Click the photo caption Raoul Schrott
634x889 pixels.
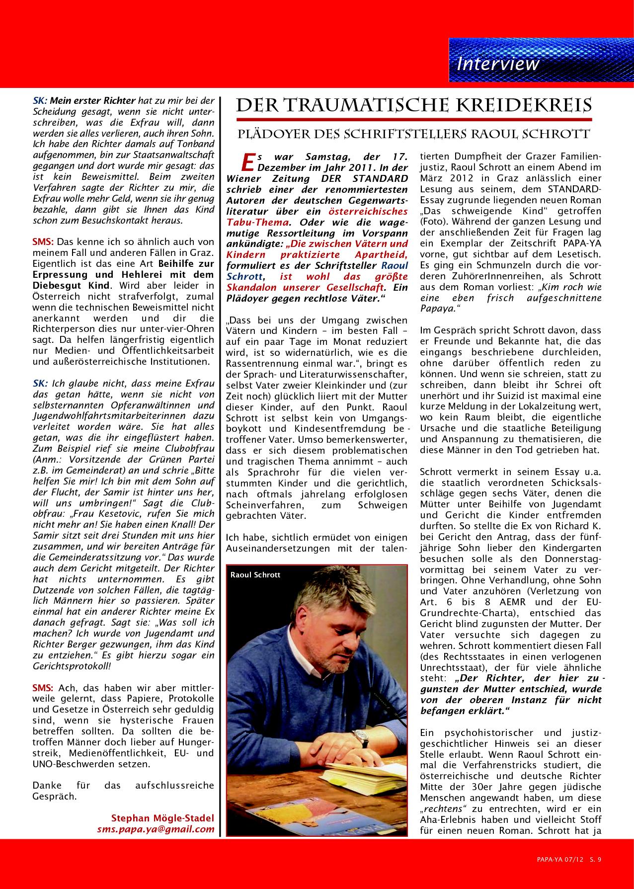[x=255, y=575]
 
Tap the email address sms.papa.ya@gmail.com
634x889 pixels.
[x=156, y=829]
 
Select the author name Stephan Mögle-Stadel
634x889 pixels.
[x=162, y=818]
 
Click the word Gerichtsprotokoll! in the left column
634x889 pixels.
[x=71, y=666]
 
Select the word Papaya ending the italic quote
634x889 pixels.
[x=437, y=309]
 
